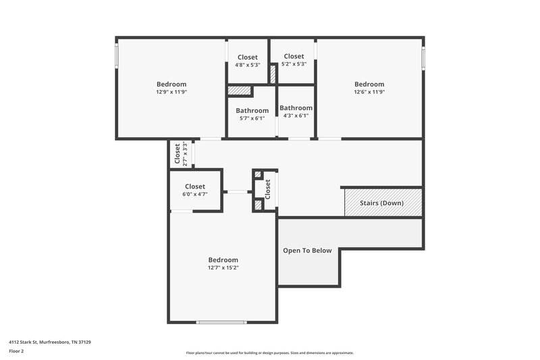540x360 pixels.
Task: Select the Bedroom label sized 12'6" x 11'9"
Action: [x=369, y=84]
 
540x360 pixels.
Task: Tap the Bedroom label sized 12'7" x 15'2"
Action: [x=223, y=260]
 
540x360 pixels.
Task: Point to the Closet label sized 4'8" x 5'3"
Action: [x=247, y=57]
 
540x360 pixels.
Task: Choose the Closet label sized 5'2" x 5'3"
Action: [x=294, y=56]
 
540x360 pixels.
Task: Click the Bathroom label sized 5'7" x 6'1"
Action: [x=252, y=111]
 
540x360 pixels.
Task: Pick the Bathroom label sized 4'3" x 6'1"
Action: [x=296, y=108]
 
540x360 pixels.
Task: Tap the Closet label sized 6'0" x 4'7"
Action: [x=194, y=186]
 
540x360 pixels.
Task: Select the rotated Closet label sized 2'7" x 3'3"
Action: [x=178, y=154]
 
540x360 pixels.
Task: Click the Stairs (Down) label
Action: [x=383, y=203]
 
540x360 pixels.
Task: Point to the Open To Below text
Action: [x=307, y=251]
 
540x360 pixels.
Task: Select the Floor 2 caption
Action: [x=17, y=351]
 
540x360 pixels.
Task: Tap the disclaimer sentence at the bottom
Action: [x=269, y=353]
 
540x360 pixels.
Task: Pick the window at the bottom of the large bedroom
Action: [x=221, y=322]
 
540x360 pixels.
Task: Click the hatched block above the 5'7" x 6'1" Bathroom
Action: [x=239, y=91]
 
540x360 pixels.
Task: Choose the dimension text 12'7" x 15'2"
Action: [x=223, y=267]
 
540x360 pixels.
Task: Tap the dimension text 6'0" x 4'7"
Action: [x=194, y=194]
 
